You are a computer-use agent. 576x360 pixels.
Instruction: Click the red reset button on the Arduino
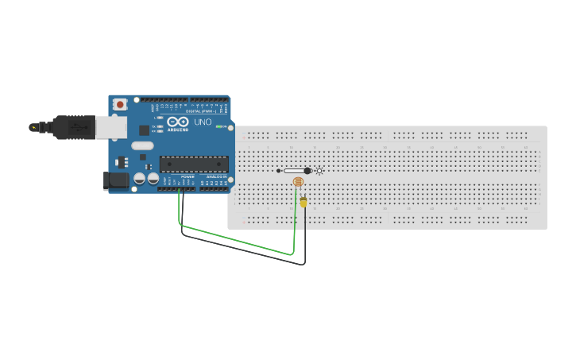coord(120,104)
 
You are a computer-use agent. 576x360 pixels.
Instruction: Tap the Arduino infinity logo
coord(177,122)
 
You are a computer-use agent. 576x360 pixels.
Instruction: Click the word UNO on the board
coord(203,122)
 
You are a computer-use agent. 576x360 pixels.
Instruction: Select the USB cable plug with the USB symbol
coord(75,126)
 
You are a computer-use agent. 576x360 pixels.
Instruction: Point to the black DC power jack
coord(117,181)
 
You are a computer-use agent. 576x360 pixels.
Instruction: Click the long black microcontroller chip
coord(194,165)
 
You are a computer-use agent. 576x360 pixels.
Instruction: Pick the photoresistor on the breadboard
coord(298,183)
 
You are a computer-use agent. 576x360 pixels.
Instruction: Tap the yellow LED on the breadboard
coord(303,202)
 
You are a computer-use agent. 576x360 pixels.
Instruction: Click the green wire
coord(238,241)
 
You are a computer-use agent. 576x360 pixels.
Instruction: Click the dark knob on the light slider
coord(307,171)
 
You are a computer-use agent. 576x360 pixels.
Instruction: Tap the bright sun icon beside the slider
coord(319,171)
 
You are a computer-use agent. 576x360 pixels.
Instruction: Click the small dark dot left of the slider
coord(278,171)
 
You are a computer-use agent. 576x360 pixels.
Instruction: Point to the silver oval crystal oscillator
coord(142,145)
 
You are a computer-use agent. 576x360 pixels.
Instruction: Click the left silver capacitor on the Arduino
coord(139,180)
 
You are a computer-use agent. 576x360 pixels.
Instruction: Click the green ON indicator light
coord(218,126)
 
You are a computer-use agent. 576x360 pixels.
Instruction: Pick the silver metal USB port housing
coord(111,127)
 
